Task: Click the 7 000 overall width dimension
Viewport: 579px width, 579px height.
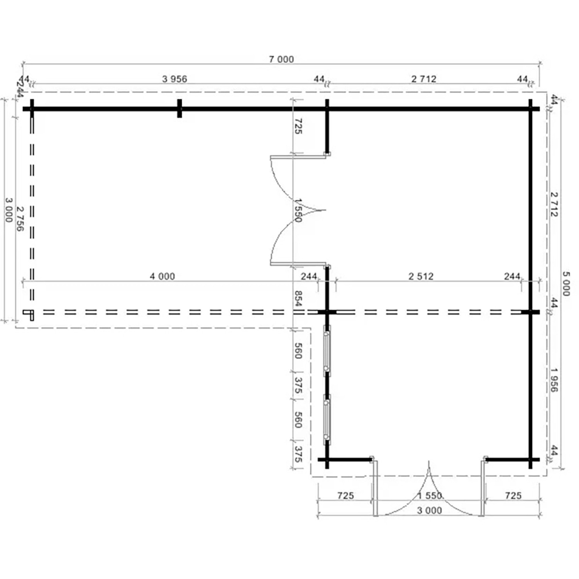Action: coord(281,59)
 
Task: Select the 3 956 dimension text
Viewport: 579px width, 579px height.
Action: coord(174,79)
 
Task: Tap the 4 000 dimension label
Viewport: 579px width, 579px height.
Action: coord(162,276)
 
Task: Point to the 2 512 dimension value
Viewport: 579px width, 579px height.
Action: coord(421,276)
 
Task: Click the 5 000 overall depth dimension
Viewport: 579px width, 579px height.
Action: coord(565,284)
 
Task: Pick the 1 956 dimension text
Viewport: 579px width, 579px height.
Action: coord(554,380)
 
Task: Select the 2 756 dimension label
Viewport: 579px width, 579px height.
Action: coord(20,219)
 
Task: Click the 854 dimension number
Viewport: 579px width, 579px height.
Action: coord(298,299)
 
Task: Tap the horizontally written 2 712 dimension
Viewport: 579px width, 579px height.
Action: coord(423,79)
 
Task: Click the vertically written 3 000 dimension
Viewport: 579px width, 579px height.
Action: coord(8,210)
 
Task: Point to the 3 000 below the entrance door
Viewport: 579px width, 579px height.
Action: coord(429,511)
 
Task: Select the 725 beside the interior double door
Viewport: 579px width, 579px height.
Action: coord(298,126)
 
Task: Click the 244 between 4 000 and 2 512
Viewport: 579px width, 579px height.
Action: coord(309,276)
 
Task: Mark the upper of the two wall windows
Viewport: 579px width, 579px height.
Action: coord(327,350)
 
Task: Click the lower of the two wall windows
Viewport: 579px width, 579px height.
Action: coord(327,420)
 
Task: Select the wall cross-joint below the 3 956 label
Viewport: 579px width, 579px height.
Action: coord(179,108)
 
